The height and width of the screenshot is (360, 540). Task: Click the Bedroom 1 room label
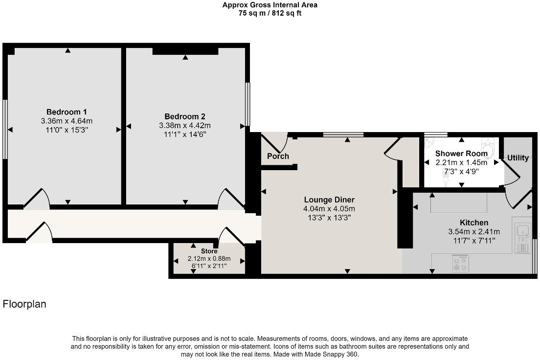67,112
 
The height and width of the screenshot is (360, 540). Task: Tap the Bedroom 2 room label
184,116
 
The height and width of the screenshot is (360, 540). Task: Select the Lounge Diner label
329,200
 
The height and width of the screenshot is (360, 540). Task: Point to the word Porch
278,157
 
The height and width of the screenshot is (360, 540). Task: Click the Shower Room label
461,154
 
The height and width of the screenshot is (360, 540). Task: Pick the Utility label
518,157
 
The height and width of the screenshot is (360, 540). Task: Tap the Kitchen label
473,223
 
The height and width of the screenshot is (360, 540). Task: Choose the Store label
209,251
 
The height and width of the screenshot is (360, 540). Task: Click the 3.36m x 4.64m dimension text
67,121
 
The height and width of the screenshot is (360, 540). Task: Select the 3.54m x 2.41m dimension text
473,232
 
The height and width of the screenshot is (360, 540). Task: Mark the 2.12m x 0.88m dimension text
209,259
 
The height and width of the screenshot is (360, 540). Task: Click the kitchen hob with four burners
460,264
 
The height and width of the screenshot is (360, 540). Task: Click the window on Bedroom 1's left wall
4,129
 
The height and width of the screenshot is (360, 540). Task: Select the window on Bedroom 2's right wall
247,103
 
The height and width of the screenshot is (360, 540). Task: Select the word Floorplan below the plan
24,304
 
